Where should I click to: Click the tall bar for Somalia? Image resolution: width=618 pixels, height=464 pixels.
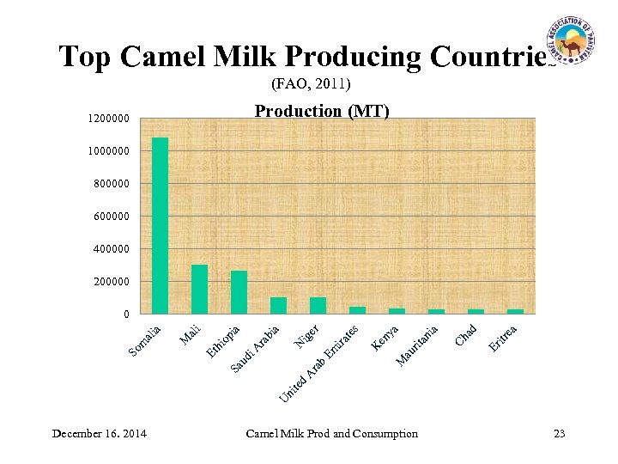pos(160,225)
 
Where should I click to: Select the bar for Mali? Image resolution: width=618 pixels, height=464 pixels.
pos(199,289)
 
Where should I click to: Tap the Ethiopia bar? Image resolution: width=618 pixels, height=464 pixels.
pos(239,292)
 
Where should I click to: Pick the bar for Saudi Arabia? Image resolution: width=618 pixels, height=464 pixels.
pos(278,305)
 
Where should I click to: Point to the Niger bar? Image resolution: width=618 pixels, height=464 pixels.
pos(318,305)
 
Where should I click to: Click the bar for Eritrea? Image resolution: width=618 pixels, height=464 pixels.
pos(515,311)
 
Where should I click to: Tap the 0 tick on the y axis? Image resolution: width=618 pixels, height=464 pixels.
pos(126,314)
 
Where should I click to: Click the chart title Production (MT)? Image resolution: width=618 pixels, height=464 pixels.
pos(322,112)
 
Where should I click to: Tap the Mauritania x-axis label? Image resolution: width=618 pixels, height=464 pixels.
pos(418,345)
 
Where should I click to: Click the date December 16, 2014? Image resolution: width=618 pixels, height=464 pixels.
pos(99,433)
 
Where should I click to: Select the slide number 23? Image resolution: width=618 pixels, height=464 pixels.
pos(559,433)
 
